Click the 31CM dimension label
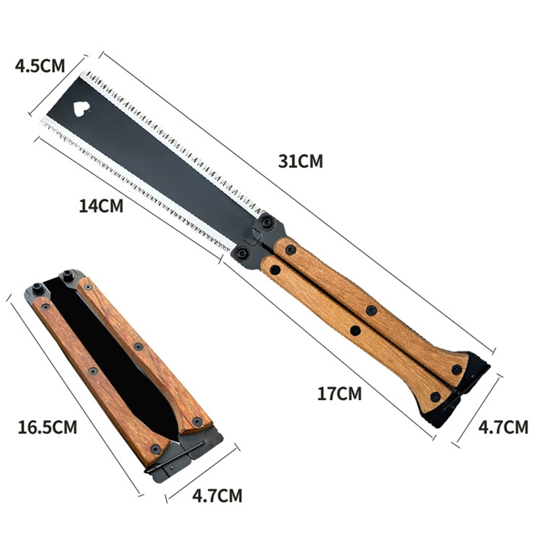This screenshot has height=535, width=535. click(x=301, y=161)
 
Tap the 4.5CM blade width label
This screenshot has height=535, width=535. click(x=40, y=66)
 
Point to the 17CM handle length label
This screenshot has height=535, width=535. click(x=340, y=394)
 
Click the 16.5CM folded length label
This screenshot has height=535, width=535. click(x=47, y=427)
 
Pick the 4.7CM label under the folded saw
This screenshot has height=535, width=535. click(x=217, y=496)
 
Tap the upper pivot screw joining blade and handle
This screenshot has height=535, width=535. click(x=267, y=223)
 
